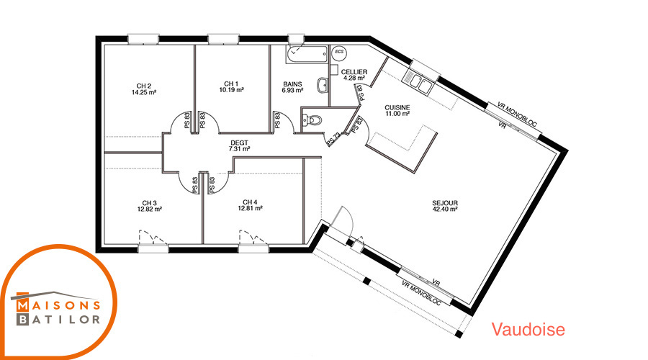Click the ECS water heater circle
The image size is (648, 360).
pyautogui.click(x=339, y=52)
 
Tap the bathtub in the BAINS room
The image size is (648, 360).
pyautogui.click(x=307, y=55)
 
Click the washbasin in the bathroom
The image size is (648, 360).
pyautogui.click(x=323, y=86)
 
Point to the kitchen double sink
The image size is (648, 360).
pyautogui.click(x=418, y=81)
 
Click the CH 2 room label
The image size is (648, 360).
pyautogui.click(x=144, y=86)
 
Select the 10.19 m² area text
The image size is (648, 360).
pyautogui.click(x=231, y=90)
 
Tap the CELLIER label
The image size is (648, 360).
pyautogui.click(x=354, y=72)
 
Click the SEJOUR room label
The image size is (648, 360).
pyautogui.click(x=445, y=203)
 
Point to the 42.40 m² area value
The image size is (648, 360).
pyautogui.click(x=445, y=209)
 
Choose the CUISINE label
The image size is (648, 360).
pyautogui.click(x=397, y=107)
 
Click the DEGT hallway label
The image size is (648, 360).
pyautogui.click(x=239, y=143)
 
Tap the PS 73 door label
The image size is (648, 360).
pyautogui.click(x=333, y=139)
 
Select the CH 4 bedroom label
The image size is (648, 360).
pyautogui.click(x=250, y=202)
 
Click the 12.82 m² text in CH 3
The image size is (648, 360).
pyautogui.click(x=150, y=209)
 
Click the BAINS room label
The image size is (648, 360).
pyautogui.click(x=292, y=84)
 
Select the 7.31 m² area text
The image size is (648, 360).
pyautogui.click(x=239, y=149)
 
